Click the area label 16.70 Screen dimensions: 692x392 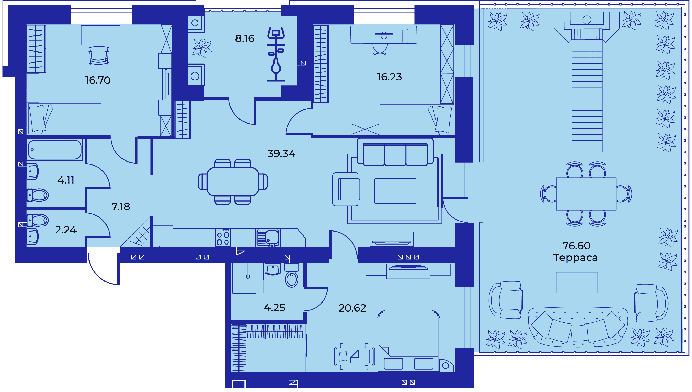98,80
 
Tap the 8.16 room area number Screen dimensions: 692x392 245,38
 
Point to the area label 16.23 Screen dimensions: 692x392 389,77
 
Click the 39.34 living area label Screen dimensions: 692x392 281,154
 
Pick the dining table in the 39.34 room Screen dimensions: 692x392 233,182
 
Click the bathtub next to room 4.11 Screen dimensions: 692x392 55,150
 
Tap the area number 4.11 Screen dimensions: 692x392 66,180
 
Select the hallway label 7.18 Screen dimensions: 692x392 121,207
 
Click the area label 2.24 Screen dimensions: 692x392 66,230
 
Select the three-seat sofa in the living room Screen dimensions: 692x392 395,152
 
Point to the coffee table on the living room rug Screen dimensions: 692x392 395,191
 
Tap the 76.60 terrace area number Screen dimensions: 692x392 576,246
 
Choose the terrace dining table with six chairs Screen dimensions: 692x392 586,194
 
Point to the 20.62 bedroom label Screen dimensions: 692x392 352,308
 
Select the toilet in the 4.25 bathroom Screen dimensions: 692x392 291,275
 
